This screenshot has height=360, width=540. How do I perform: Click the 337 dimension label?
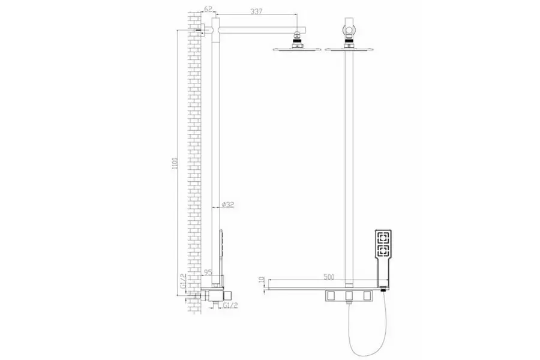point(256,11)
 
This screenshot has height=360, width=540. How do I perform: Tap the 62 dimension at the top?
point(208,10)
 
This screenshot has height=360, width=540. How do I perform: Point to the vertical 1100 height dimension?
point(175,163)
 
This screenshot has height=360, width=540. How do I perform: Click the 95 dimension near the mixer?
point(208,272)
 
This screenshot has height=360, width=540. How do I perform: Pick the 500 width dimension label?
point(329,277)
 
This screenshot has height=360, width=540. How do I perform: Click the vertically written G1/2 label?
point(183,281)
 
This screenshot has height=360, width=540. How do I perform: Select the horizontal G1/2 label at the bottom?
point(230,305)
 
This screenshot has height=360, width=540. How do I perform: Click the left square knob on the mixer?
point(332,295)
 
